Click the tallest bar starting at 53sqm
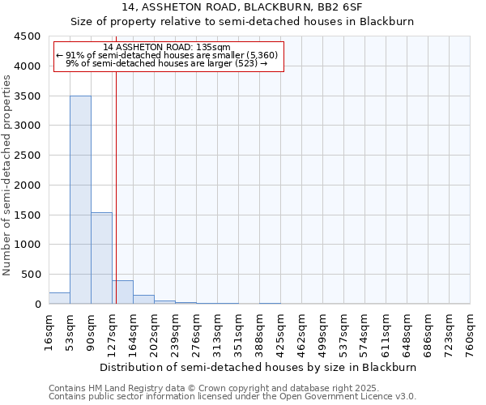(80, 199)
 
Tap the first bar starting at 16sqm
(59, 298)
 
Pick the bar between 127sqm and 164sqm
(122, 292)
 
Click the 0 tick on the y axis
(37, 305)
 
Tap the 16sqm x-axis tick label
(49, 331)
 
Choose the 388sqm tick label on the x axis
(260, 331)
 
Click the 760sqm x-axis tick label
(471, 331)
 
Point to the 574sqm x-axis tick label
(365, 331)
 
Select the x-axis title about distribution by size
(259, 367)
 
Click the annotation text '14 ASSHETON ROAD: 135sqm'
(167, 47)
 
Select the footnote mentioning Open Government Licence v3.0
(232, 397)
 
